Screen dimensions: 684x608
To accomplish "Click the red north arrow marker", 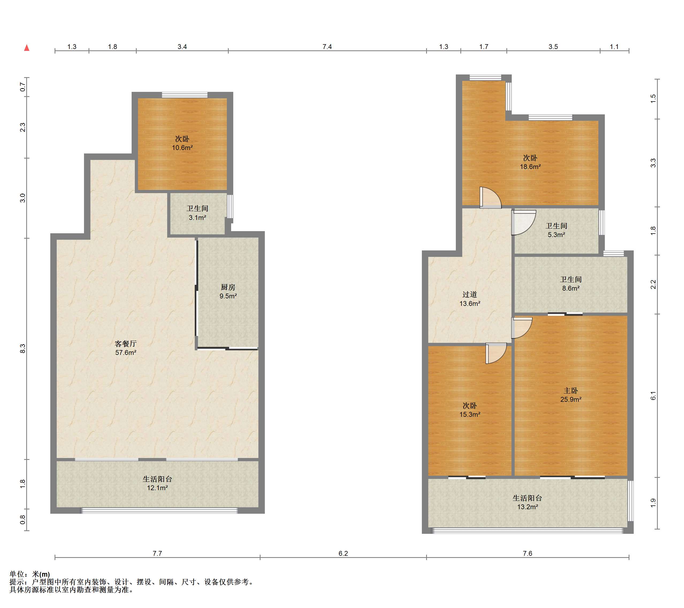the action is [x=27, y=48].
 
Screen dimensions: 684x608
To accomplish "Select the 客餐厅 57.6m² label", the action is [x=125, y=348].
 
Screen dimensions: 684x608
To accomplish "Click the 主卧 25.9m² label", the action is [x=571, y=395].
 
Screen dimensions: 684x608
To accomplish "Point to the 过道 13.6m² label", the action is [x=469, y=299].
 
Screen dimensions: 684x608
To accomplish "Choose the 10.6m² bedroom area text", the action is [x=182, y=148].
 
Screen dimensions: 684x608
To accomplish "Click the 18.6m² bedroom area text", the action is [x=530, y=167].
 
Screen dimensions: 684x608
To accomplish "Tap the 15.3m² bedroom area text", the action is [x=469, y=414].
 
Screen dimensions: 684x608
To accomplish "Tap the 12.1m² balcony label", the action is [x=157, y=483].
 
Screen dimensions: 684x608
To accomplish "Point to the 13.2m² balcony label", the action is [x=528, y=502].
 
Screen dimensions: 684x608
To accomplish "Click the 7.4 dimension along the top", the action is [x=327, y=47].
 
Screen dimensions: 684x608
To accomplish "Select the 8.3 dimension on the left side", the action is [x=23, y=349].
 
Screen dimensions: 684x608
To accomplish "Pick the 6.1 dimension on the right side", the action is [x=653, y=396].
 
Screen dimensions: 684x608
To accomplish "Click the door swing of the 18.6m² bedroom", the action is [x=491, y=198].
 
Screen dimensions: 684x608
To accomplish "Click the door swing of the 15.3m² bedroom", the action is [x=496, y=353].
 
